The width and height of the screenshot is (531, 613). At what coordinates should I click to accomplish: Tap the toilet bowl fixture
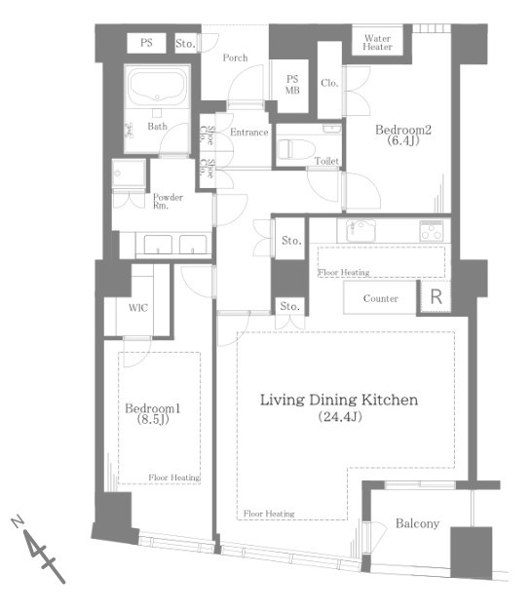(x=296, y=149)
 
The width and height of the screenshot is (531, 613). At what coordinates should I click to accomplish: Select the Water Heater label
(x=377, y=43)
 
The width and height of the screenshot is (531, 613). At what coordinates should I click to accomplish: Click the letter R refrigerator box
(x=436, y=296)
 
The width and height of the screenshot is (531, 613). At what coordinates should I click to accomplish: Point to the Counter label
(x=381, y=298)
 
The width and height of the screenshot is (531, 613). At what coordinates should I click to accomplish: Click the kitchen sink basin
(x=361, y=230)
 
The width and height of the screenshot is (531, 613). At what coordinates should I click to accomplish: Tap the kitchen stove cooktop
(x=432, y=230)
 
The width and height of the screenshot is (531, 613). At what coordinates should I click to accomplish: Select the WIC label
(x=138, y=308)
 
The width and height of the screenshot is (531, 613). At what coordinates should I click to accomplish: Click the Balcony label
(x=417, y=523)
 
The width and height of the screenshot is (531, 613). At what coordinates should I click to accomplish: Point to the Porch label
(x=235, y=57)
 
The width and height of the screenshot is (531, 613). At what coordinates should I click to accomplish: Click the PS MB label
(x=292, y=85)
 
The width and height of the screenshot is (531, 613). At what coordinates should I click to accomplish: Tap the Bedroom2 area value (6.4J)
(x=403, y=141)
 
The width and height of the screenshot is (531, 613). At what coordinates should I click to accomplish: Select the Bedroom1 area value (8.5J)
(x=153, y=419)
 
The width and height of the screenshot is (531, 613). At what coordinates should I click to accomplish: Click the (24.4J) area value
(x=340, y=417)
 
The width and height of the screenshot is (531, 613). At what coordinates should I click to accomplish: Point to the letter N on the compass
(x=17, y=521)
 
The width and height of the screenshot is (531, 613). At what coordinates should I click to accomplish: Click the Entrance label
(x=248, y=133)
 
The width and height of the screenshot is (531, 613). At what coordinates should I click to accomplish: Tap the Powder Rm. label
(x=168, y=202)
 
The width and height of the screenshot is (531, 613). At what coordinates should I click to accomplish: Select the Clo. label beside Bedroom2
(x=329, y=83)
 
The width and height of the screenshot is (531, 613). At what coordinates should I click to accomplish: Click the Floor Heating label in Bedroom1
(x=174, y=478)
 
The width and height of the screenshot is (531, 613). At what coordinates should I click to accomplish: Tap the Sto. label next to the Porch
(x=185, y=44)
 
